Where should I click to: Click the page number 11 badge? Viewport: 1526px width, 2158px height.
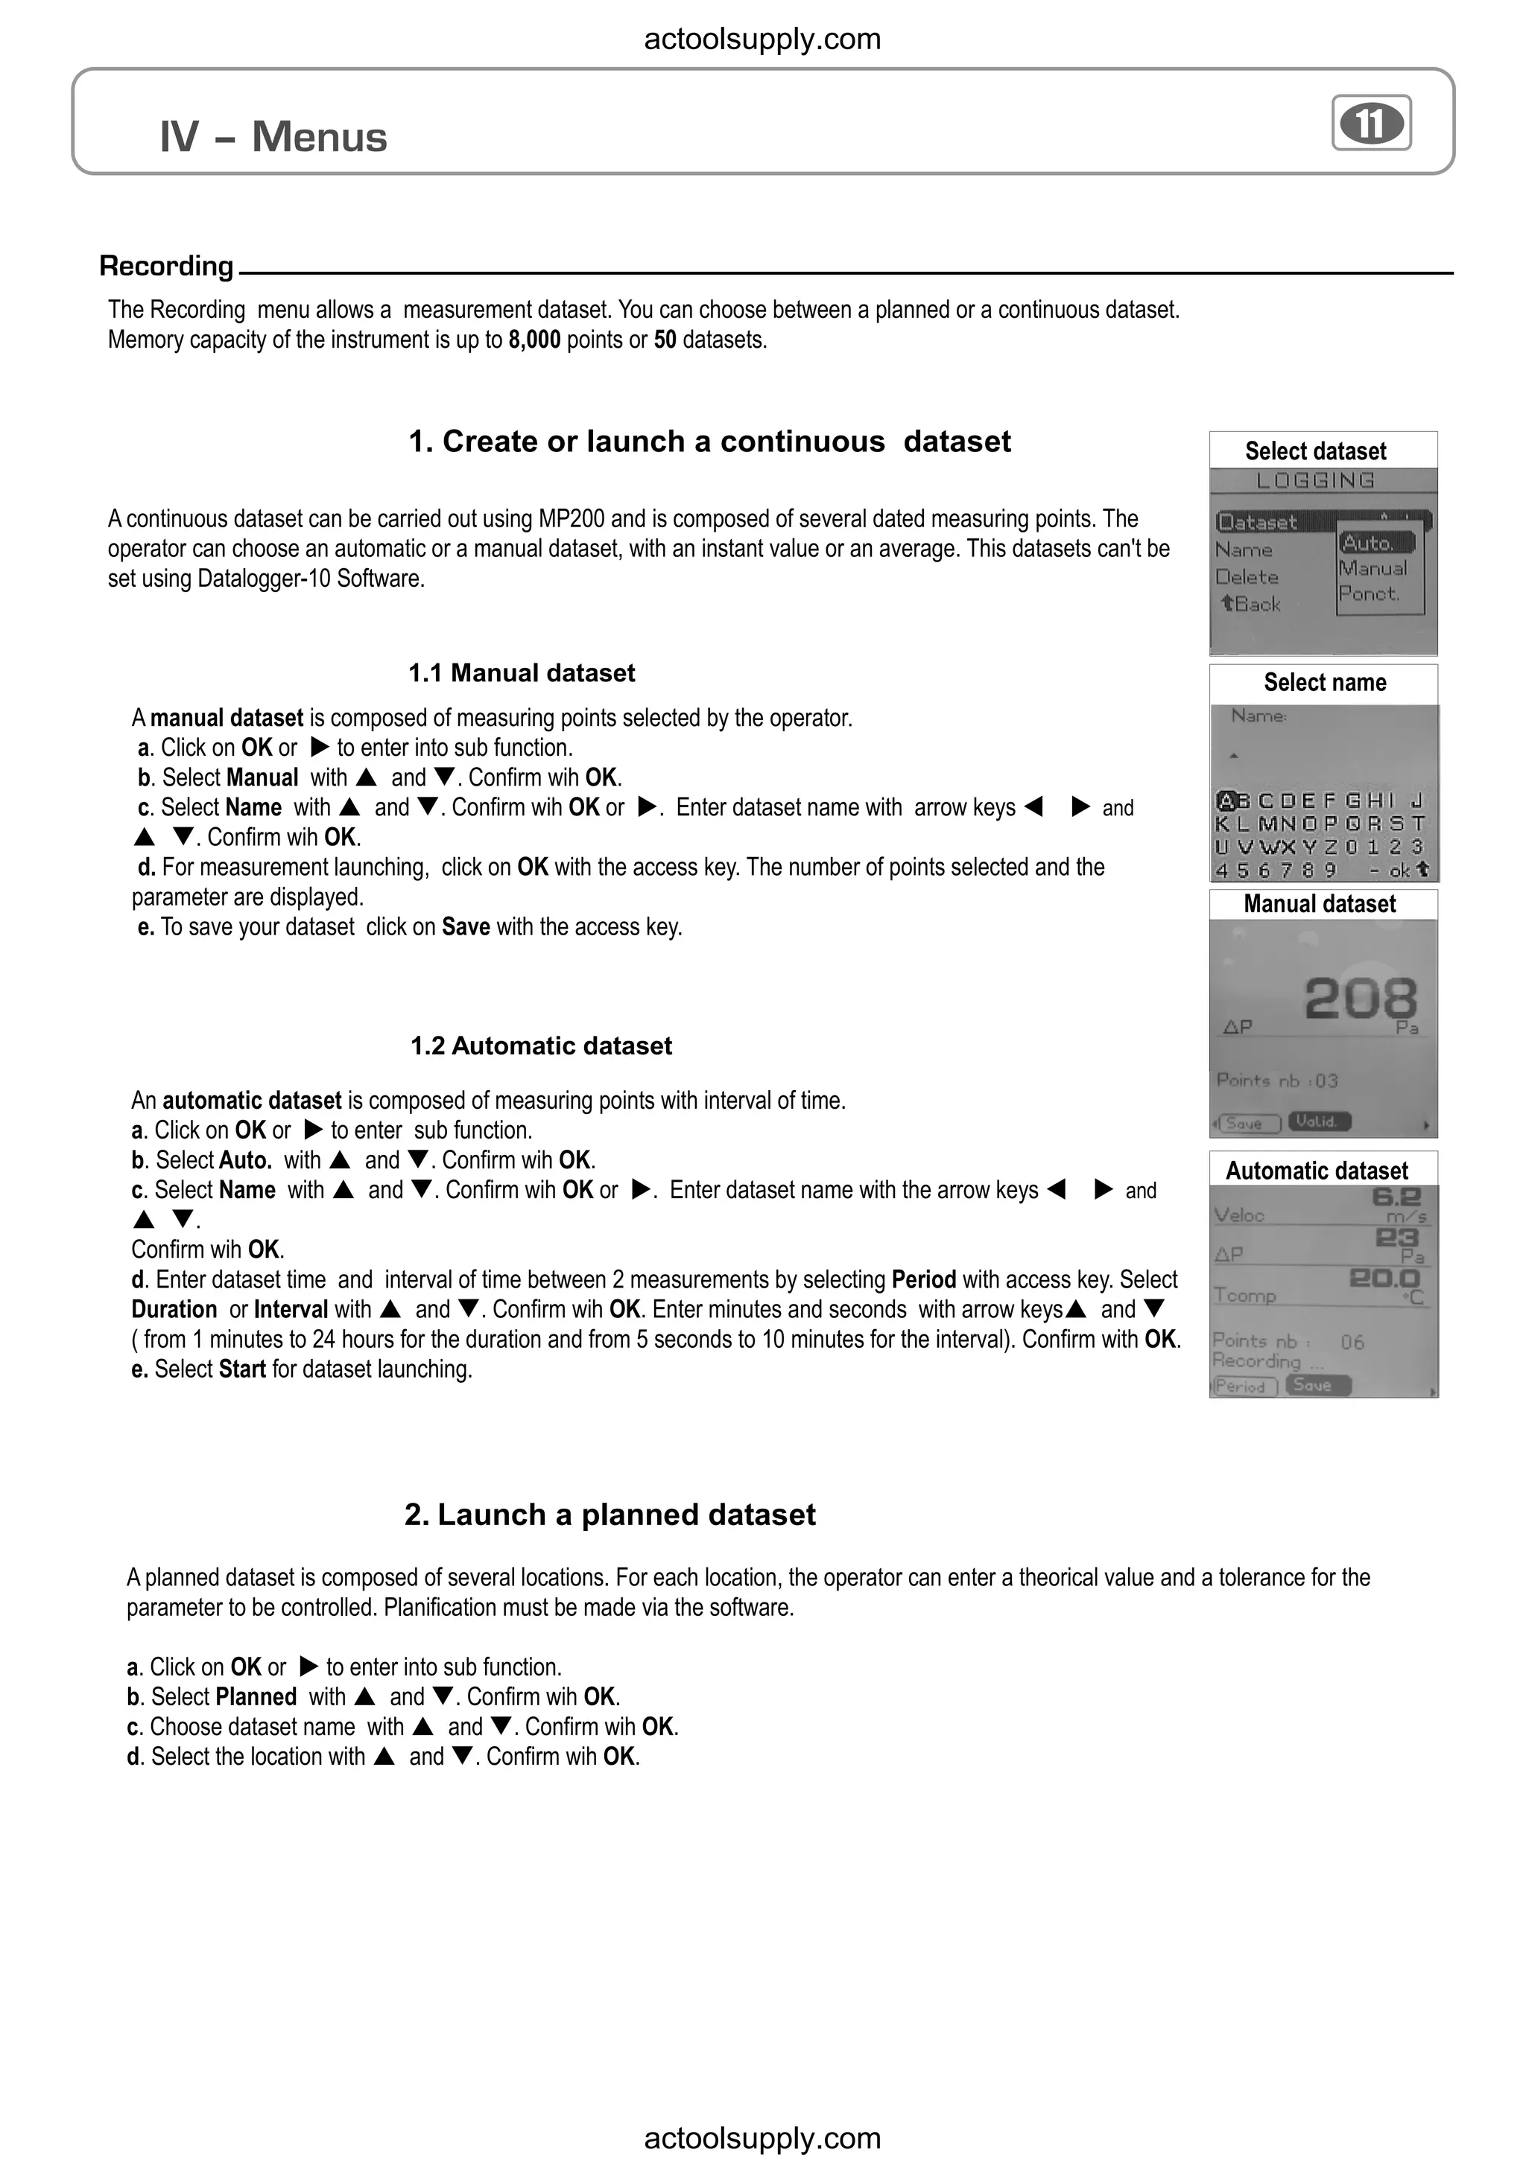pyautogui.click(x=1371, y=123)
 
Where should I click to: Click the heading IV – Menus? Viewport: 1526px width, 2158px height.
pyautogui.click(x=273, y=137)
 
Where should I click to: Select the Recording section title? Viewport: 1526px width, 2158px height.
pyautogui.click(x=166, y=266)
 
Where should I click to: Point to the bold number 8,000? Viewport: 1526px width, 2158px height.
pyautogui.click(x=534, y=340)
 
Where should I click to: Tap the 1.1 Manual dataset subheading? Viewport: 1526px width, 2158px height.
pyautogui.click(x=521, y=673)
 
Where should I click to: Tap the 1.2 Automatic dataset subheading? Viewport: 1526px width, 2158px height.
pyautogui.click(x=541, y=1046)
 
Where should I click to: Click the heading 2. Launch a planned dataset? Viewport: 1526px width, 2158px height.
pyautogui.click(x=610, y=1514)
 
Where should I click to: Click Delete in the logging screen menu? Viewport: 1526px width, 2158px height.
pyautogui.click(x=1246, y=577)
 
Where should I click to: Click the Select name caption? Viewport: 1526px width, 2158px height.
pyautogui.click(x=1324, y=682)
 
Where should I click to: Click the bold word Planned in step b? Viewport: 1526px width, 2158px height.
pyautogui.click(x=256, y=1696)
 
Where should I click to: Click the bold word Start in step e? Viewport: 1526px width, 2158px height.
pyautogui.click(x=241, y=1369)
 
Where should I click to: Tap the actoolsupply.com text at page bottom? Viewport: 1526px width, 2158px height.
pyautogui.click(x=762, y=2138)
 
